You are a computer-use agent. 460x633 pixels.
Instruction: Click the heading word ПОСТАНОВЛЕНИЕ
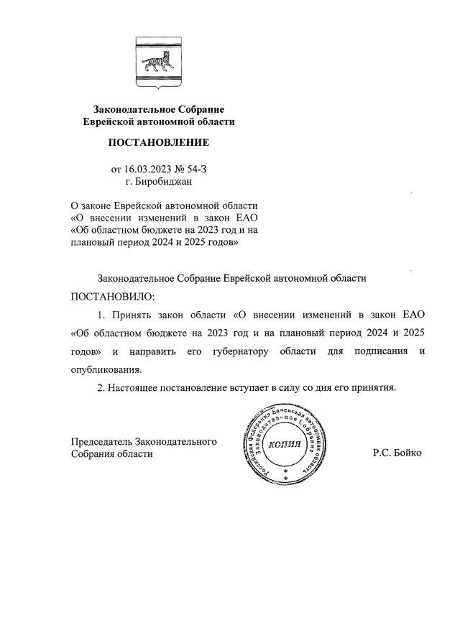tap(158, 143)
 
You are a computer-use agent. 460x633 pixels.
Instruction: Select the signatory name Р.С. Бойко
tap(397, 453)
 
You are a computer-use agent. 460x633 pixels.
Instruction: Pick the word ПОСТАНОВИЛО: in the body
tap(112, 296)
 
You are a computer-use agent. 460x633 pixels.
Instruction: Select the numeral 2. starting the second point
tap(101, 388)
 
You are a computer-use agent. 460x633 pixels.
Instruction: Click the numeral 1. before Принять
tap(101, 315)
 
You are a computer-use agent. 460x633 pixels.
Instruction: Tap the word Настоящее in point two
tap(134, 388)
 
